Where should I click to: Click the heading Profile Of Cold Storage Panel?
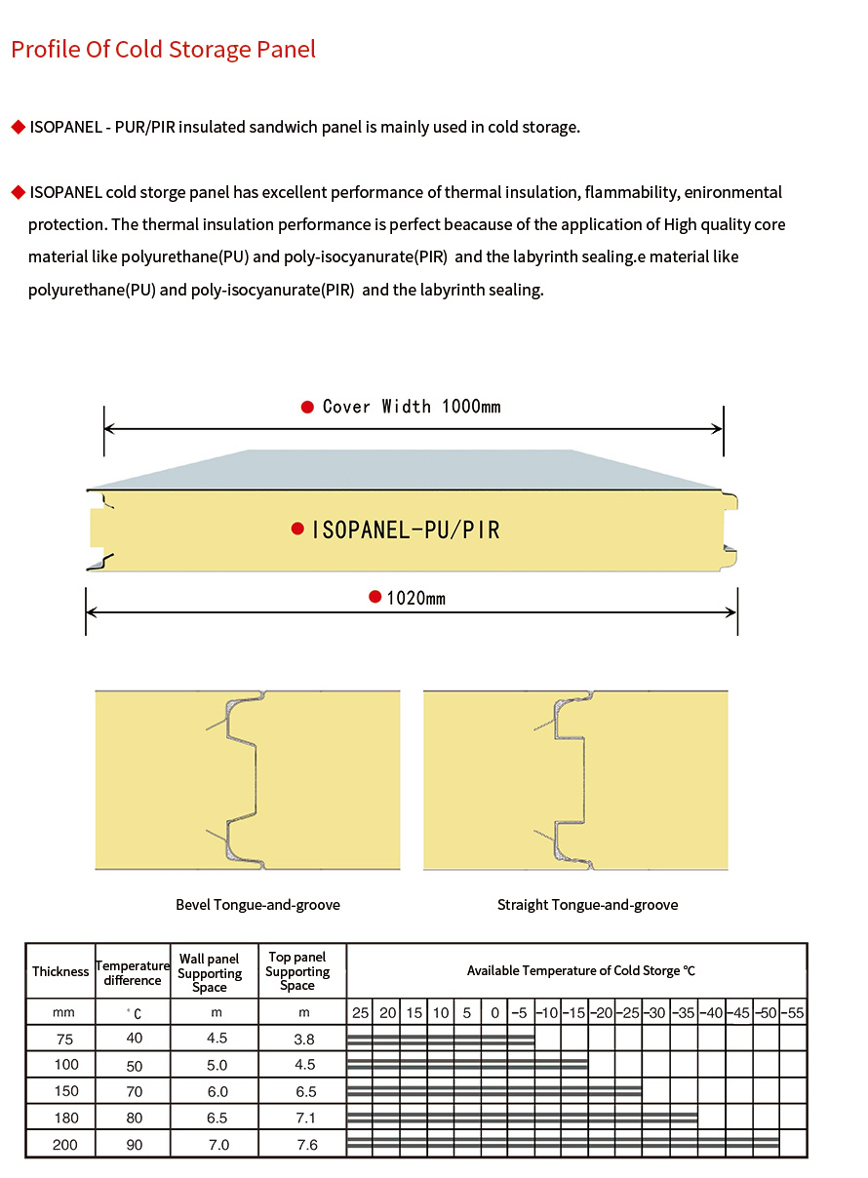pyautogui.click(x=163, y=50)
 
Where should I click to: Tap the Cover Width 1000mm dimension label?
pyautogui.click(x=411, y=407)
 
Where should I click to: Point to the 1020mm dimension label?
pyautogui.click(x=415, y=598)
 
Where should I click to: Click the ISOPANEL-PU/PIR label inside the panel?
pyautogui.click(x=405, y=530)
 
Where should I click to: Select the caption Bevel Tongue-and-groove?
pyautogui.click(x=257, y=905)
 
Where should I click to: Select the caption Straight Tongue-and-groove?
pyautogui.click(x=587, y=905)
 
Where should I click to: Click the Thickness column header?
pyautogui.click(x=60, y=971)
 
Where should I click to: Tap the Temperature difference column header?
pyautogui.click(x=133, y=972)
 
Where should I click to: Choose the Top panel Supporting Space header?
pyautogui.click(x=297, y=971)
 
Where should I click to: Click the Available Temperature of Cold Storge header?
pyautogui.click(x=580, y=971)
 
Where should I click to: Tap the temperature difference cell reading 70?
pyautogui.click(x=135, y=1091)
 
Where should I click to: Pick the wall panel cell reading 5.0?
pyautogui.click(x=217, y=1065)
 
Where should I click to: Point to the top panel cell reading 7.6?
pyautogui.click(x=306, y=1145)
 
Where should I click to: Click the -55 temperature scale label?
pyautogui.click(x=793, y=1013)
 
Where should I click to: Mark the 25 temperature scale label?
pyautogui.click(x=360, y=1013)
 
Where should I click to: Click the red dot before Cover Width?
pyautogui.click(x=307, y=408)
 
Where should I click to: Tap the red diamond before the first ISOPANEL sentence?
pyautogui.click(x=17, y=128)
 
